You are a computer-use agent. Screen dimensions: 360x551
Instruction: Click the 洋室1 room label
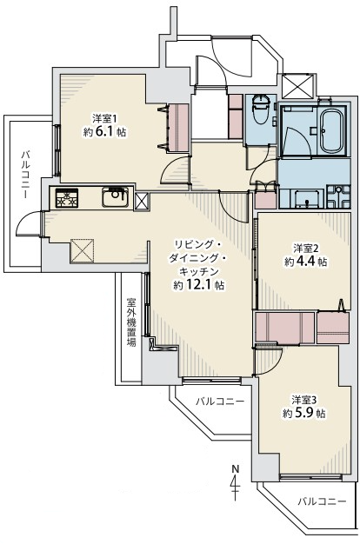point(104,118)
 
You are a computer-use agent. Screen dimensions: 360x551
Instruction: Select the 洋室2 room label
point(306,249)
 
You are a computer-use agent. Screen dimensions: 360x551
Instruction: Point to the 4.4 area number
point(305,262)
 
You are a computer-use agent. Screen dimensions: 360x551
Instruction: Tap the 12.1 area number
point(198,285)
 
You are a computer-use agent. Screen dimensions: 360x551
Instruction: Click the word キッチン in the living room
point(199,272)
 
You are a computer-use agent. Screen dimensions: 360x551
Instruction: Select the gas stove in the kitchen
point(66,198)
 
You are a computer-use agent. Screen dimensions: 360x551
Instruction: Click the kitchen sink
point(114,198)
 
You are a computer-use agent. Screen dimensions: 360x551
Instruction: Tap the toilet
point(261,110)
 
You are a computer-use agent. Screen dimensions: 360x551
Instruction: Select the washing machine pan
point(338,196)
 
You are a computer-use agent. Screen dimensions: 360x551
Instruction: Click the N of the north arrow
point(235,468)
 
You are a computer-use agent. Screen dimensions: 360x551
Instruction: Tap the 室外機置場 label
point(131,322)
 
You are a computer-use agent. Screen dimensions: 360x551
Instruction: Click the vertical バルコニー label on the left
point(24,175)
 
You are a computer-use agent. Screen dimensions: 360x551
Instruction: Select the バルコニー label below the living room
point(220,402)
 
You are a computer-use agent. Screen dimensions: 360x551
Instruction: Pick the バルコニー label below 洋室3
point(322,501)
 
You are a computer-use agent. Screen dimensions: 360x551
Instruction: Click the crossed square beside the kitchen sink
point(142,202)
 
